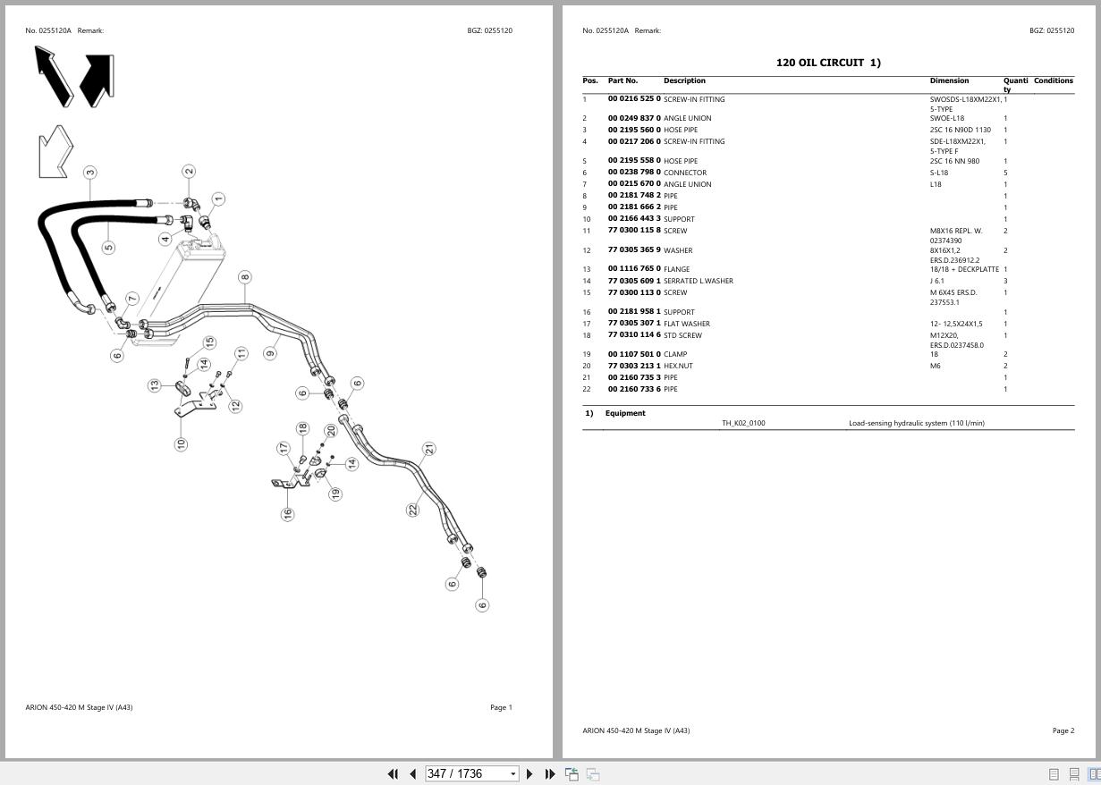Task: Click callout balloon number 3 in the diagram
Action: point(90,173)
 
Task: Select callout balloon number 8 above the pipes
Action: point(245,277)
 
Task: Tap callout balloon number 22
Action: point(413,510)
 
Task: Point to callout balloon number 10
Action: point(181,444)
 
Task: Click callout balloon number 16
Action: point(287,514)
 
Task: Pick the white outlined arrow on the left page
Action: point(55,152)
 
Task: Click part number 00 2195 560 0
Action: point(634,130)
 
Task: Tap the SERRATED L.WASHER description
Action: point(699,281)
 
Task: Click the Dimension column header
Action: point(949,80)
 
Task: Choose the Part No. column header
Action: point(622,80)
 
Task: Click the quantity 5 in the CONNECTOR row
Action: point(1005,173)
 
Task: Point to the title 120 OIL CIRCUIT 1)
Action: point(828,63)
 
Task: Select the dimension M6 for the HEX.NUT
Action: point(936,366)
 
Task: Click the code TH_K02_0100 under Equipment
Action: point(743,423)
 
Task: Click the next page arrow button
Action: point(529,774)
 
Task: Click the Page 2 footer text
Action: point(1063,730)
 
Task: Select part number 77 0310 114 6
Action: point(634,334)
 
